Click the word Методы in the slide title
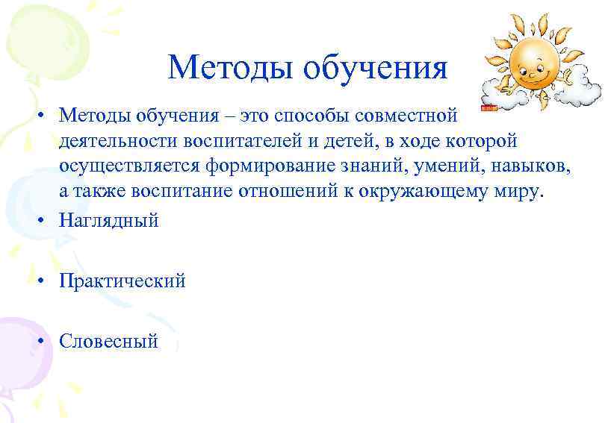point(231,67)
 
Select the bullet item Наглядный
point(109,221)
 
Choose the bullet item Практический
point(123,281)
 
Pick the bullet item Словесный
point(109,342)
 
